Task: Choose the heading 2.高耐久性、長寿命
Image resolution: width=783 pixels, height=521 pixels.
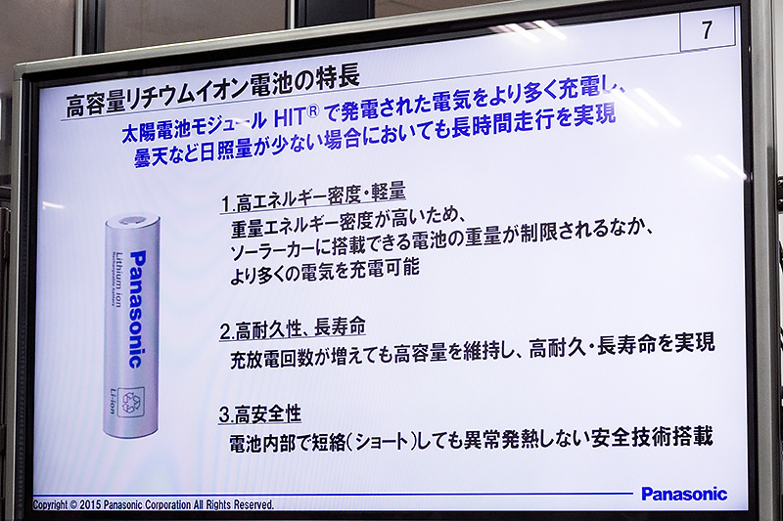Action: click(293, 328)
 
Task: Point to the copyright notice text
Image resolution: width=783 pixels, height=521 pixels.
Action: click(154, 504)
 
